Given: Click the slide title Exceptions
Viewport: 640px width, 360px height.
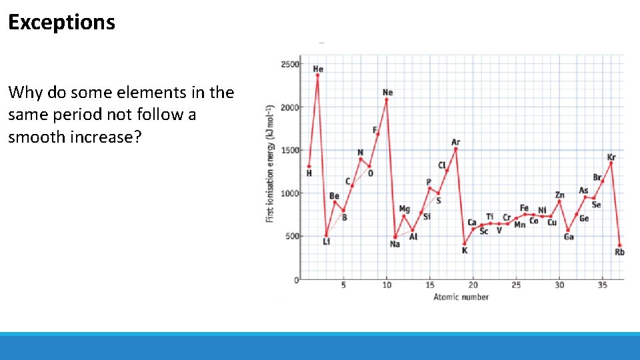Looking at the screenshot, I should pos(61,22).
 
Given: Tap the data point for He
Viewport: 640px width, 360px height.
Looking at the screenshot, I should pos(317,75).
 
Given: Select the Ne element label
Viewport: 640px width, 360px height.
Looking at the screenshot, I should pos(387,92).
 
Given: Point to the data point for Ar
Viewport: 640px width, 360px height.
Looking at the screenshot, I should pos(456,149).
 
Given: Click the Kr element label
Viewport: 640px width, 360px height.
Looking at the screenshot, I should pos(611,157).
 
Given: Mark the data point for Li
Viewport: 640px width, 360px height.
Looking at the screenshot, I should pos(326,235).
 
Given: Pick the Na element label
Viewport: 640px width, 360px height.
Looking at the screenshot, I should pos(395,245).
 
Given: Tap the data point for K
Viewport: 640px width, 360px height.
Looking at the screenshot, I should pos(465,243).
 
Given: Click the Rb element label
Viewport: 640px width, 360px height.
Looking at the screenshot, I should pos(619,252).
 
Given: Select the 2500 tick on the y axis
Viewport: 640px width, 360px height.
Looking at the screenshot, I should pos(290,64).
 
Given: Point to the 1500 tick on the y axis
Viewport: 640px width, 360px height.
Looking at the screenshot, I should pos(290,150).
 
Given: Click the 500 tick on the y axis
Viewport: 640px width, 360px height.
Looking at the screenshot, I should pos(292,236).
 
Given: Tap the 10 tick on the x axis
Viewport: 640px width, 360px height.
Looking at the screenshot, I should pos(387,285).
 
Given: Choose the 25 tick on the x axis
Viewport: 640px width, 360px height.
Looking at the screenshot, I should pos(516,285).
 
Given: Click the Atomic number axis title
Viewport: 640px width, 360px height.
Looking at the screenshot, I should pos(461,297).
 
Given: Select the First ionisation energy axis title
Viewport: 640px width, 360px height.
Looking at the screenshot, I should pos(270,163).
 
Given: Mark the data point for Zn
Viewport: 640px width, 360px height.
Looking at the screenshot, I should pos(559,201).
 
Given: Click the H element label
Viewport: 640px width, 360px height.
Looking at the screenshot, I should pos(309,173).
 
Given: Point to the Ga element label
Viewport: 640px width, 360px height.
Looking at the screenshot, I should pos(569,237).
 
